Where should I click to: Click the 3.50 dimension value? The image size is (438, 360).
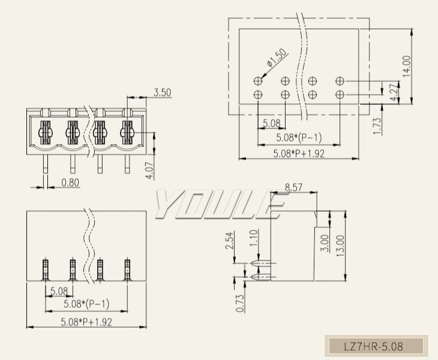[x=162, y=92]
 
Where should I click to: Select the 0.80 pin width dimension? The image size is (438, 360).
[x=70, y=182]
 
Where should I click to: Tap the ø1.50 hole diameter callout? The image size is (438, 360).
[x=277, y=58]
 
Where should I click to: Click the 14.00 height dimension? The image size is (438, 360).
[x=407, y=67]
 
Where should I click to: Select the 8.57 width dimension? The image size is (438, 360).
[x=293, y=188]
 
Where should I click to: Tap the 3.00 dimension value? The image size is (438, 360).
[x=325, y=241]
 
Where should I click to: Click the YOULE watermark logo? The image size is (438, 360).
[x=219, y=205]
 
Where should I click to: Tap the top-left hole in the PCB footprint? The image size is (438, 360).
[x=258, y=80]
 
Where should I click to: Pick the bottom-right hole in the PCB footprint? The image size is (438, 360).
[x=340, y=95]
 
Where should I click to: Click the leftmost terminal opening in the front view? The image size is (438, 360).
[x=46, y=130]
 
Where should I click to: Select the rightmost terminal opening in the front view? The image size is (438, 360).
[x=127, y=130]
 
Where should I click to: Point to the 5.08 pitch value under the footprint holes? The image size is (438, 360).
[x=272, y=124]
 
